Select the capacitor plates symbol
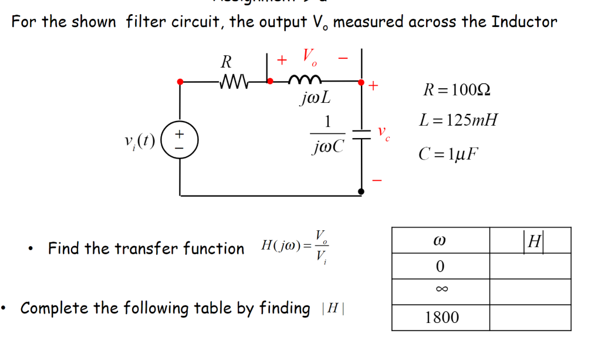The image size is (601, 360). tap(362, 134)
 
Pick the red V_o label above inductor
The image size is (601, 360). tap(310, 58)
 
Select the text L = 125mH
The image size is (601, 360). tap(458, 121)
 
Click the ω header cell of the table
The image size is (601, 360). tap(440, 240)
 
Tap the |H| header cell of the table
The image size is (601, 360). tap(530, 240)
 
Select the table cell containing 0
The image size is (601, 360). tap(440, 266)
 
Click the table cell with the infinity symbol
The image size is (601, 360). tap(440, 292)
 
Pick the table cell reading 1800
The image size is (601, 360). tap(440, 318)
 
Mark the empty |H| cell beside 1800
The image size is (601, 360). tap(530, 318)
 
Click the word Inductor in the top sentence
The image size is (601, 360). tap(524, 22)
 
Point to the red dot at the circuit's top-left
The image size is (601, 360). tap(181, 82)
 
